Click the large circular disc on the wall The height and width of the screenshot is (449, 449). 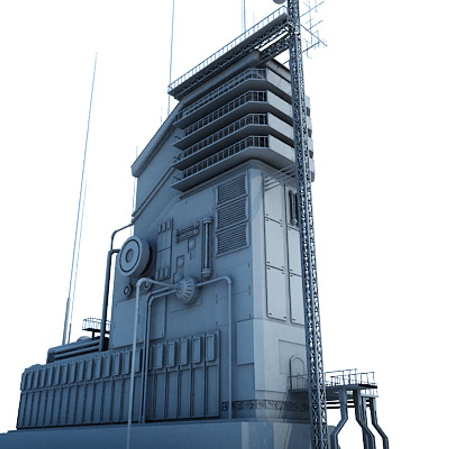pyautogui.click(x=134, y=256)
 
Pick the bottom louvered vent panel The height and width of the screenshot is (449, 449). pyautogui.click(x=232, y=239)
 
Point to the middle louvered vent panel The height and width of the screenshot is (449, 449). pyautogui.click(x=232, y=215)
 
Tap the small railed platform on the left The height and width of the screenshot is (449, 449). pyautogui.click(x=95, y=325)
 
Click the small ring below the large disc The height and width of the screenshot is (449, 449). pyautogui.click(x=127, y=290)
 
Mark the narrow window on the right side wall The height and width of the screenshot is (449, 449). pyautogui.click(x=293, y=208)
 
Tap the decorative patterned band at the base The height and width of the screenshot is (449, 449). pyautogui.click(x=266, y=405)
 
